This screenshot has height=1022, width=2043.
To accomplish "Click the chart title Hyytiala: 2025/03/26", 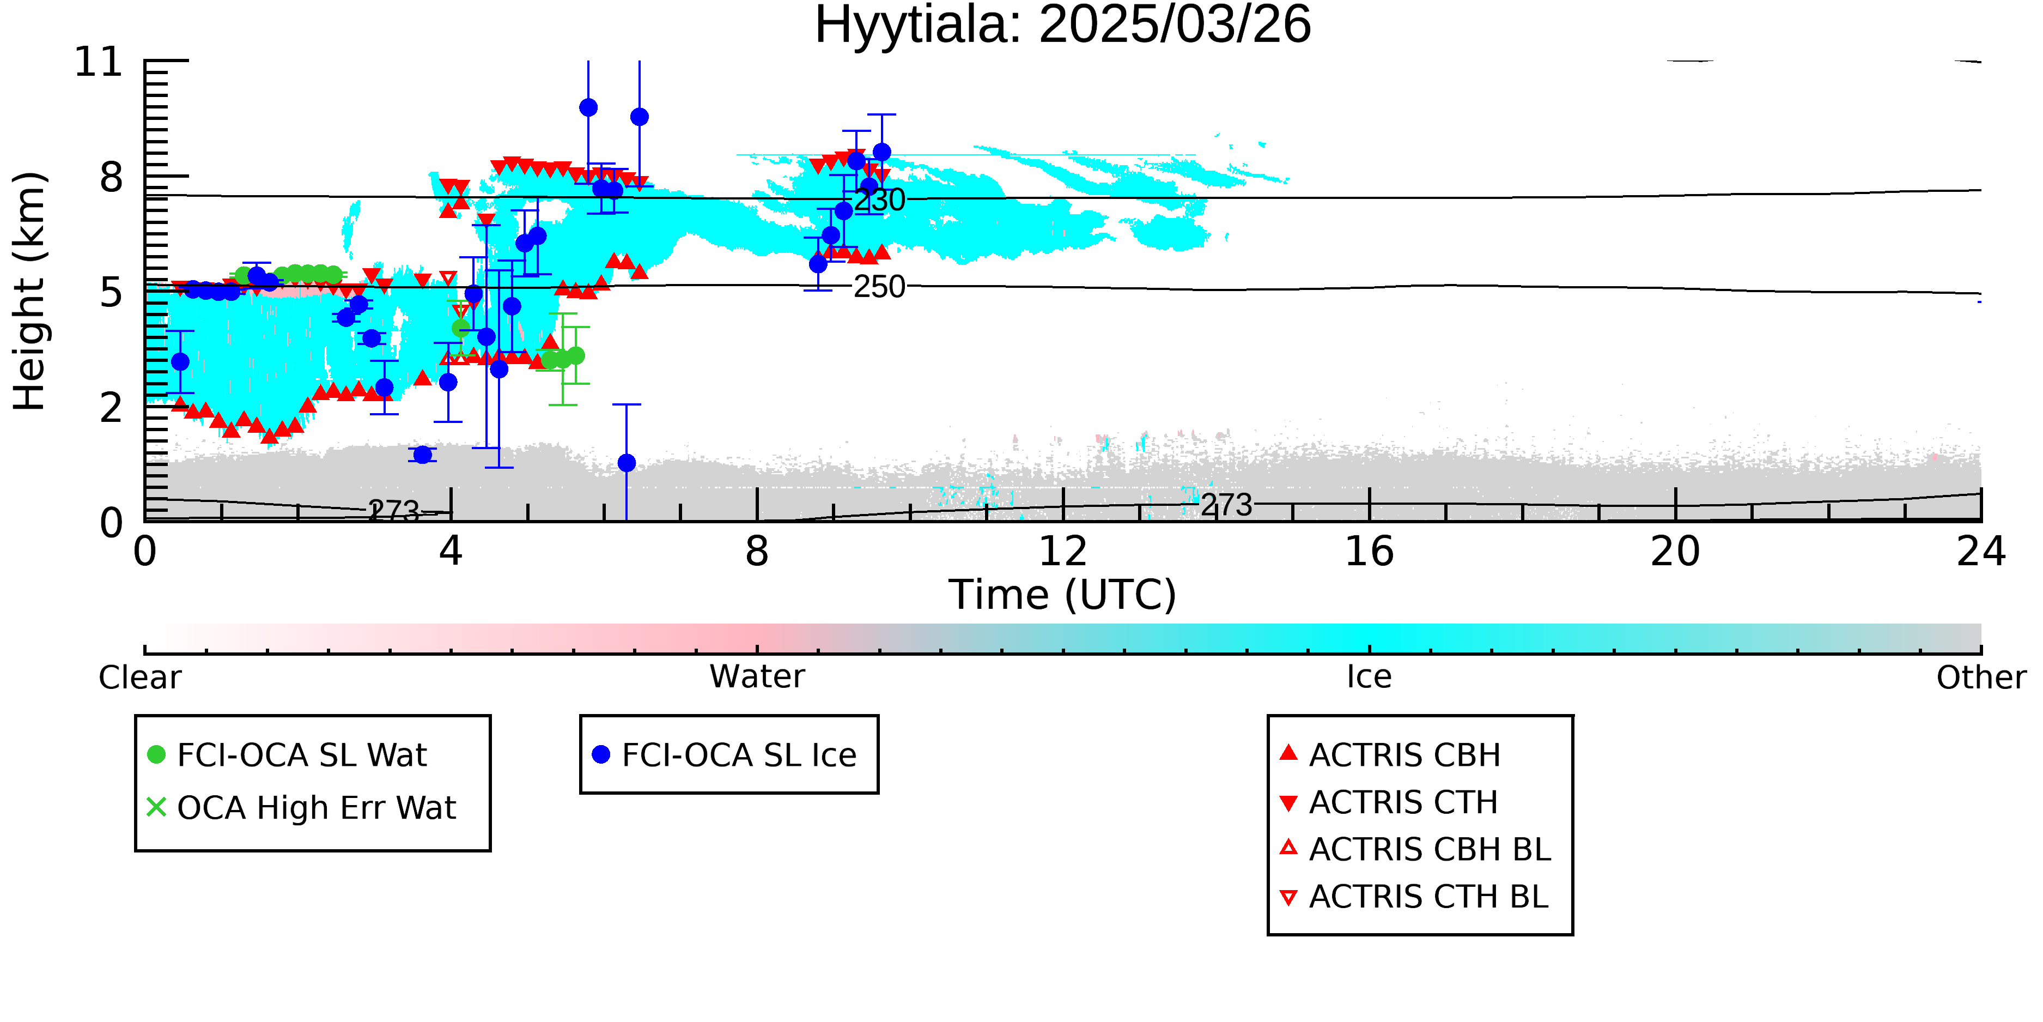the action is pos(1063,26).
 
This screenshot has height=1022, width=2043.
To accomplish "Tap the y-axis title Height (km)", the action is pos(30,291).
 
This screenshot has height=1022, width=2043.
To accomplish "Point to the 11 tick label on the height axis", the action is pos(99,62).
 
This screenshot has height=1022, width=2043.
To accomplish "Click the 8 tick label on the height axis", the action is pos(112,177).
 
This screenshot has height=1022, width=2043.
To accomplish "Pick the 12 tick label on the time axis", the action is pos(1063,552).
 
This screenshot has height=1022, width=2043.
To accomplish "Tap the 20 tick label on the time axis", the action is pos(1675,552).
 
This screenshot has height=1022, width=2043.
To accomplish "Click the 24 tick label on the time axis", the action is pos(1981,552).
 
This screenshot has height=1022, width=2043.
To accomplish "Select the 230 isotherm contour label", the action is pos(879,200).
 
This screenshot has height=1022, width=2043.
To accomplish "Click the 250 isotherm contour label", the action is pos(879,287).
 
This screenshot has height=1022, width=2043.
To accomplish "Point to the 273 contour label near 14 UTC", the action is pos(1226,505).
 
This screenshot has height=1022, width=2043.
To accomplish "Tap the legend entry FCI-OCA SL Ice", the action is pos(725,754).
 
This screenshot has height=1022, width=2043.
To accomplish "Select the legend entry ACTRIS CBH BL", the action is pos(1416,849).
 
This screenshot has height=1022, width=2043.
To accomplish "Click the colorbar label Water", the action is pos(757,677).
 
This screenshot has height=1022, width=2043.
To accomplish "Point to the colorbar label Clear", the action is pos(139,678).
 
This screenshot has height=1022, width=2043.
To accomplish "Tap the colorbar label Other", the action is pos(1981,678).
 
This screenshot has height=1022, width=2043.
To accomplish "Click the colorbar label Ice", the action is pos(1369,677).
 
